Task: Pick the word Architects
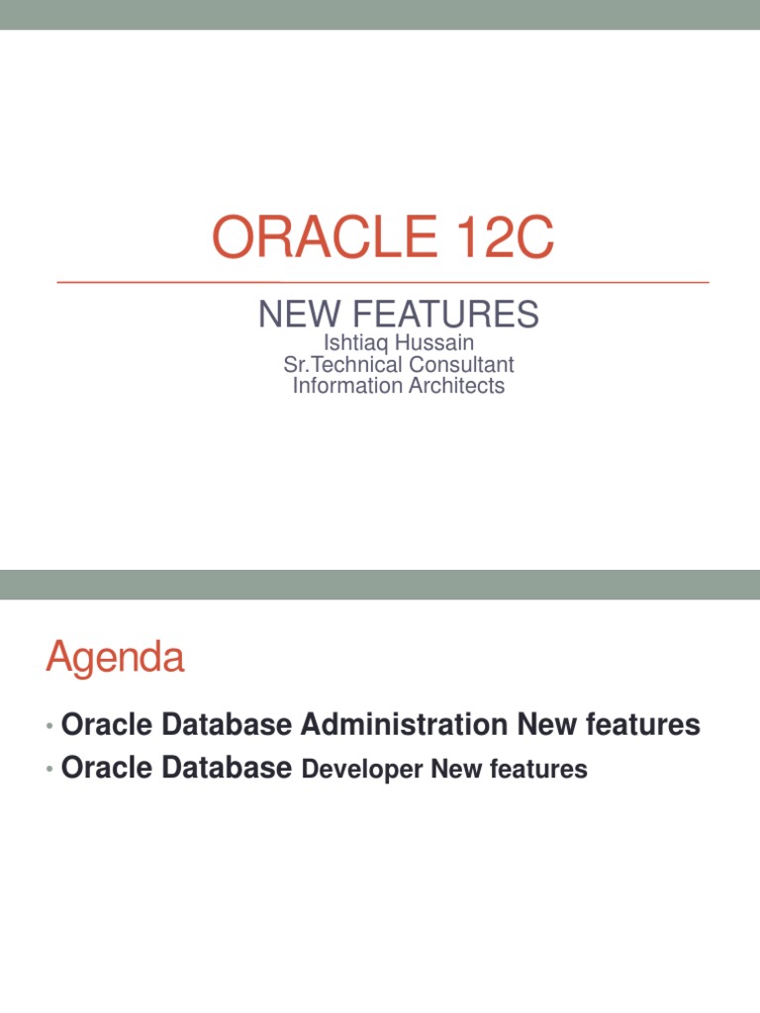455,386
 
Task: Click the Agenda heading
115,658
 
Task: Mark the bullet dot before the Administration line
49,727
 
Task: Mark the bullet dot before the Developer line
49,771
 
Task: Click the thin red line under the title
383,282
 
